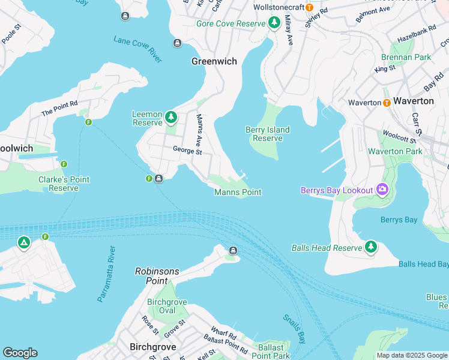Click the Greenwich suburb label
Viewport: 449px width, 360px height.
click(x=214, y=61)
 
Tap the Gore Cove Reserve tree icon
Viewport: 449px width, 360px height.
click(x=274, y=23)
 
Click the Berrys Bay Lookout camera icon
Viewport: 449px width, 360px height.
click(x=382, y=190)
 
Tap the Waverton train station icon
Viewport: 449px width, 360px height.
click(x=387, y=102)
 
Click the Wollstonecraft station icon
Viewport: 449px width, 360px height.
click(x=309, y=7)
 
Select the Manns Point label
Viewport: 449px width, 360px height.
click(x=238, y=192)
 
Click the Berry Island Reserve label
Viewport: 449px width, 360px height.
click(x=268, y=134)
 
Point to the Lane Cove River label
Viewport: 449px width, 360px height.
click(x=137, y=49)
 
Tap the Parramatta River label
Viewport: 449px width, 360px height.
click(x=106, y=274)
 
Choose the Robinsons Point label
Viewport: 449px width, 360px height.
click(x=157, y=275)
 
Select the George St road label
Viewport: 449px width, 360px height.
click(x=187, y=151)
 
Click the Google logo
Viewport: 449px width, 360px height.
click(x=20, y=353)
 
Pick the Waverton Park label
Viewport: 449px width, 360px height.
click(x=395, y=151)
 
